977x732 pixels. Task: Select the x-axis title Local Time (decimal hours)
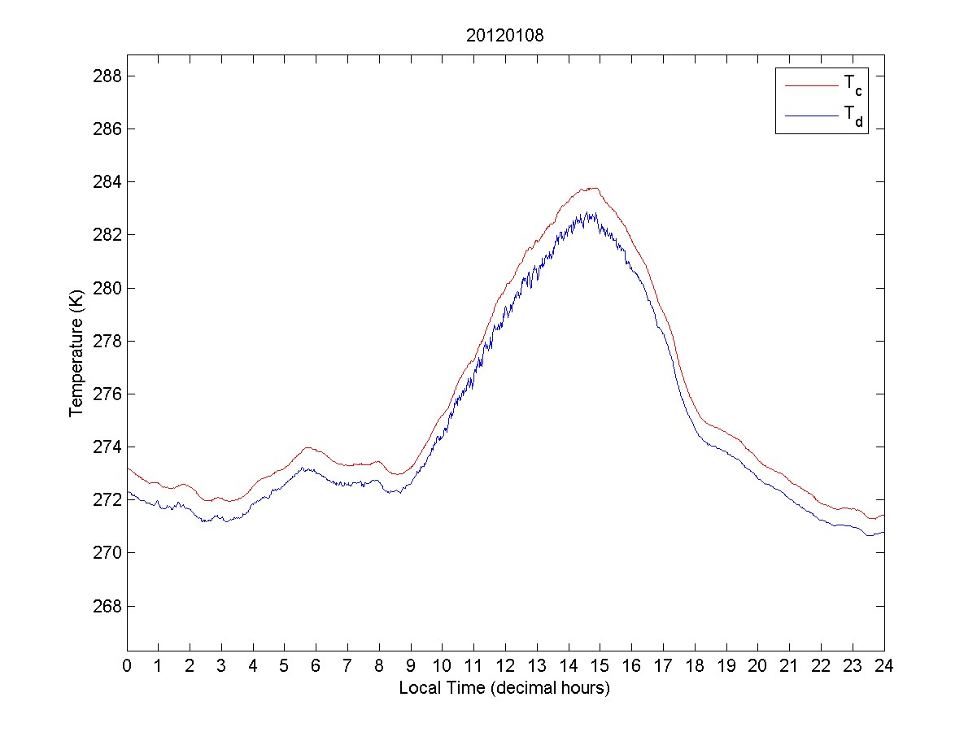[504, 688]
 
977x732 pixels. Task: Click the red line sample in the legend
[811, 85]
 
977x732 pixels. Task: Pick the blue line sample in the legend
[811, 116]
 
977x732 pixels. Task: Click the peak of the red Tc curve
[595, 188]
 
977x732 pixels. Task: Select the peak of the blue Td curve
[586, 214]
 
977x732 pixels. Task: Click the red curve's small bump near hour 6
[307, 447]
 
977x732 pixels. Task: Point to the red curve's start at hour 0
[128, 468]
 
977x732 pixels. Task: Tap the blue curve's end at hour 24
[883, 532]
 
